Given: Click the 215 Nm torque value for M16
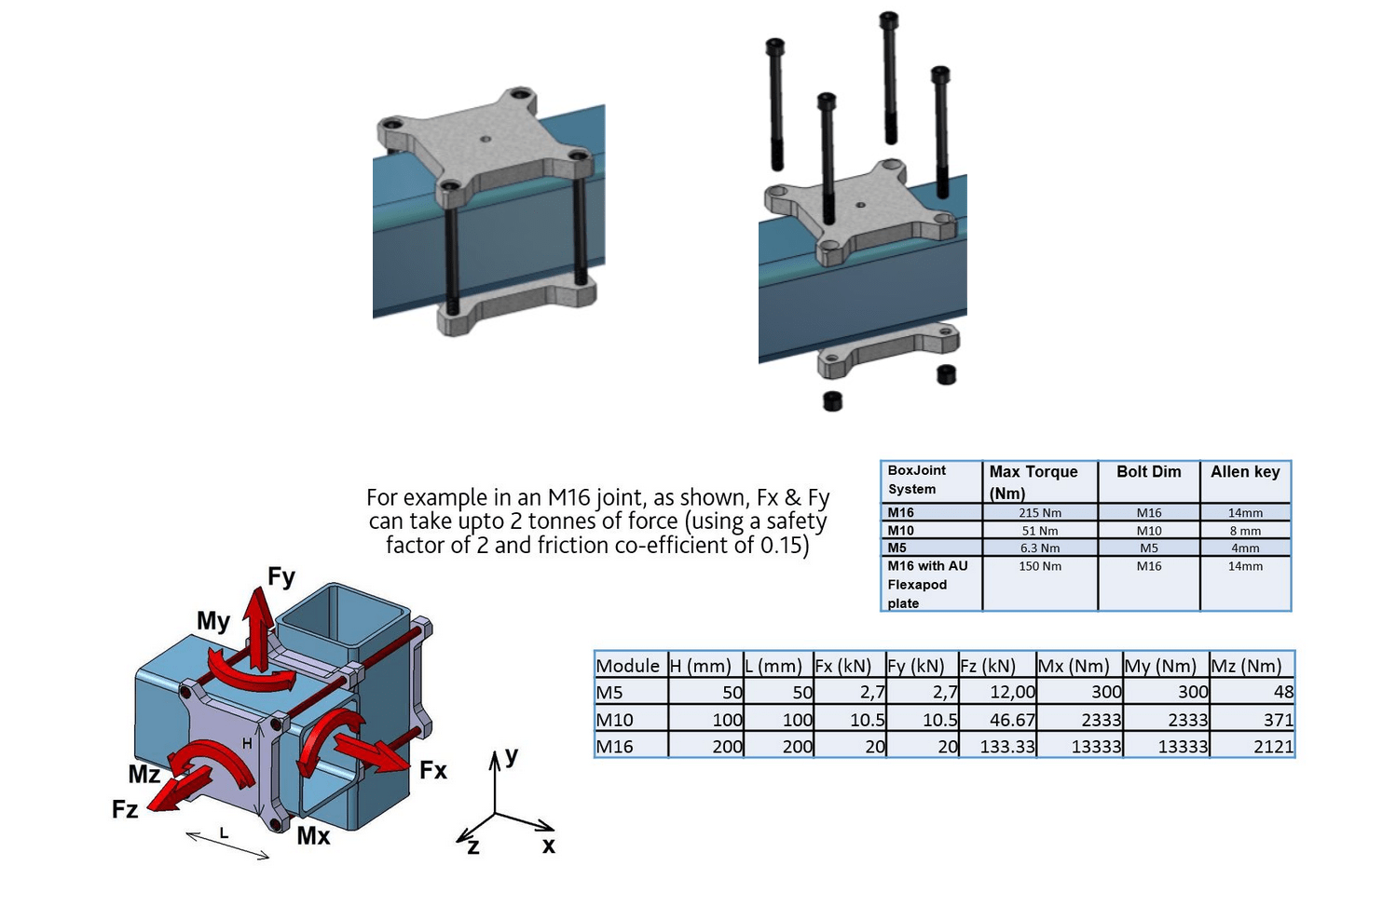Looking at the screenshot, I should click(1039, 513).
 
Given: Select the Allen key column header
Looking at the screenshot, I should click(1245, 472).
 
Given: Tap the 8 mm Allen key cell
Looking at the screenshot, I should click(1245, 531).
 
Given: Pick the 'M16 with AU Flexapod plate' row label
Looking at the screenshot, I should click(928, 584).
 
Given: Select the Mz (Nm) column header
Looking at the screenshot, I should click(1246, 666).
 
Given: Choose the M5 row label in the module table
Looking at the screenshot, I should click(609, 693).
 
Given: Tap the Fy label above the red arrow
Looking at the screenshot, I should click(281, 576).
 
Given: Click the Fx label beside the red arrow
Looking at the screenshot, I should click(433, 770).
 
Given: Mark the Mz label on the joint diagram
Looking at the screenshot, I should click(144, 775).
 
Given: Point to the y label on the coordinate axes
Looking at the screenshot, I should click(512, 754).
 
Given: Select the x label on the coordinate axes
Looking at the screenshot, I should click(548, 846).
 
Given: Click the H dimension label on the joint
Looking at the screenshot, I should click(247, 744).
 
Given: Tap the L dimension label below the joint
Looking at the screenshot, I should click(224, 832).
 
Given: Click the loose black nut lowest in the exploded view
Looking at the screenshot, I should click(832, 401).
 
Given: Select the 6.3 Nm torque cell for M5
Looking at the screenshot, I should click(1039, 548).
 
